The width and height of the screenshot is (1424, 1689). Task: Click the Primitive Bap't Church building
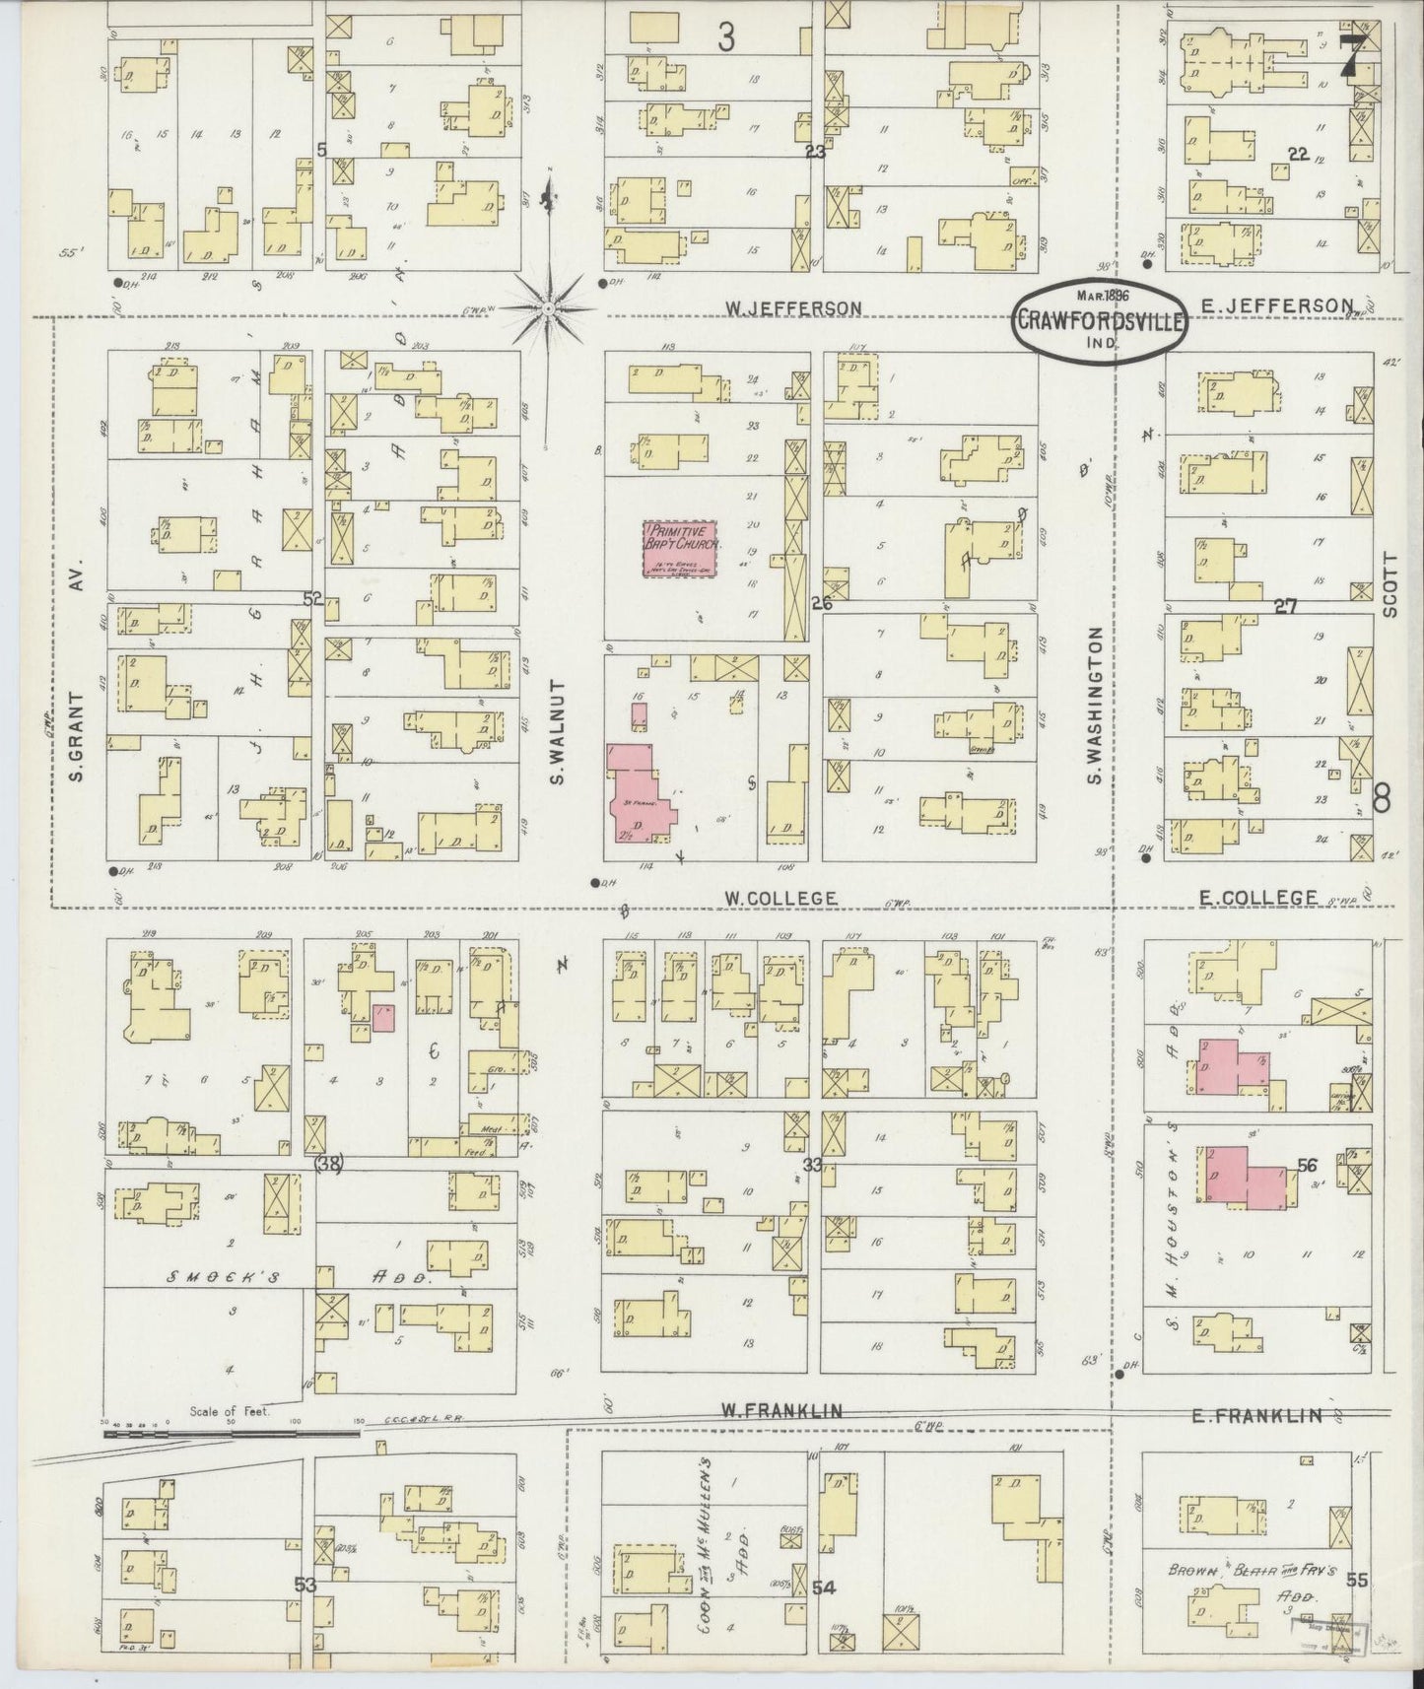[681, 549]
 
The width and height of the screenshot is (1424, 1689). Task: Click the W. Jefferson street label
[793, 308]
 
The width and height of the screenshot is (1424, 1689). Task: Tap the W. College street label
[780, 898]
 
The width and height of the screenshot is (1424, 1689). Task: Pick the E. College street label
[1257, 897]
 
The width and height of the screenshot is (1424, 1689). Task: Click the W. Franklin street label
[780, 1411]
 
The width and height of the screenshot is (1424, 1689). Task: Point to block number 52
[313, 597]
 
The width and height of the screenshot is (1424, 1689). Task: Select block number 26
[822, 603]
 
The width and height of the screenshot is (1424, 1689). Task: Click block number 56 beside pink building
[1307, 1165]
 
